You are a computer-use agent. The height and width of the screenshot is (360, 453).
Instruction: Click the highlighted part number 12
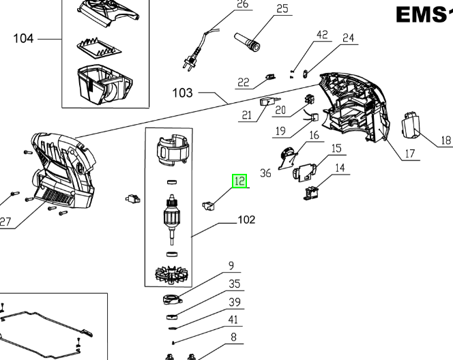click(239, 181)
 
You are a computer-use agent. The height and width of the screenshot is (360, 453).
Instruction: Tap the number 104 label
click(23, 38)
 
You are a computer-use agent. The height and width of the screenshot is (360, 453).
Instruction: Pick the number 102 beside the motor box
click(246, 220)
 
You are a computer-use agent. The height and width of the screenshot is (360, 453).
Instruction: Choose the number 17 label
click(409, 153)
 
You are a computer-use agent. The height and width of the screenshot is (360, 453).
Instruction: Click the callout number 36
click(265, 173)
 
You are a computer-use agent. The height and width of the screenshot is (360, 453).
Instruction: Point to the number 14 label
click(339, 167)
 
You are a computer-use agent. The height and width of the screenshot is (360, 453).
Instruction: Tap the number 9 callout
click(231, 265)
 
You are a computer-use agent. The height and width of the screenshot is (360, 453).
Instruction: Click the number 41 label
click(233, 319)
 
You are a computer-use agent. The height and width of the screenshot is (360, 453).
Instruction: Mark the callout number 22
click(243, 82)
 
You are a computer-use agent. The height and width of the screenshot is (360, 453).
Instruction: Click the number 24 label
click(349, 38)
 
